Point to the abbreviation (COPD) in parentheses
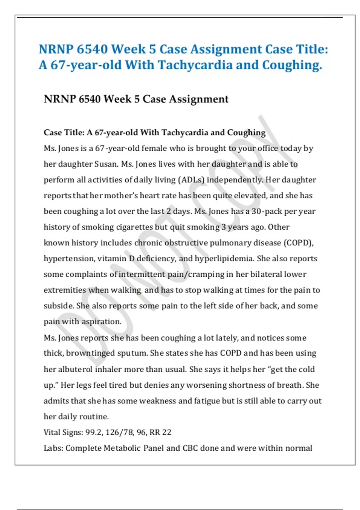(298, 243)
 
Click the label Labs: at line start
(53, 448)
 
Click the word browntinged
(90, 353)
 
